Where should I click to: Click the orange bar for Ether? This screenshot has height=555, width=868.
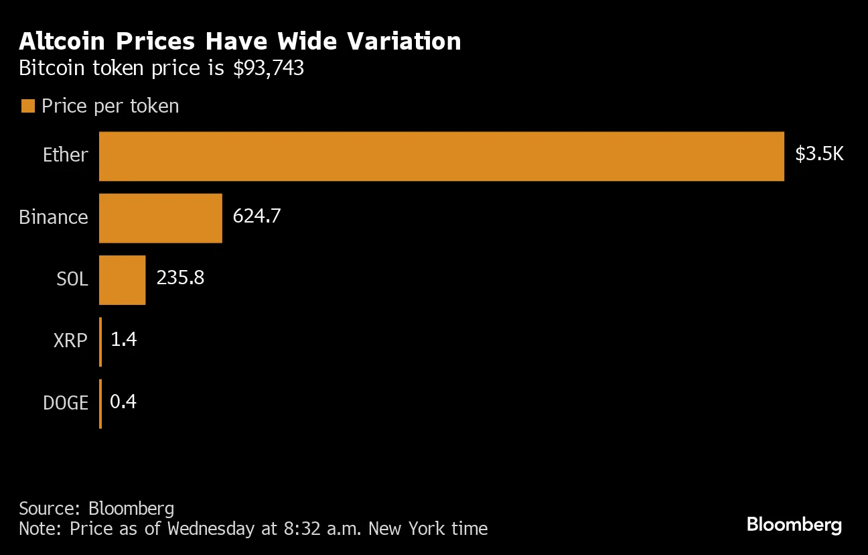tap(441, 156)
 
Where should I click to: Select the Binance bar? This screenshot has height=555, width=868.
tap(161, 218)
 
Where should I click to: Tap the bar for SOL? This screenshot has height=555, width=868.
tap(123, 280)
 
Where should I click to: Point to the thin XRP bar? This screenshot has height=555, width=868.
tap(100, 341)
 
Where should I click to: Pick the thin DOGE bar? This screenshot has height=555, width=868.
tap(100, 404)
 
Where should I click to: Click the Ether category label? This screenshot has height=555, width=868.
tap(65, 156)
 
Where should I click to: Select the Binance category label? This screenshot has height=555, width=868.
tap(54, 217)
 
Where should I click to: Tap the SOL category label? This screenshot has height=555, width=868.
tap(72, 279)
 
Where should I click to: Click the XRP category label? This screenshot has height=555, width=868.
tap(70, 341)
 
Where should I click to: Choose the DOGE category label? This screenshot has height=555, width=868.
tap(66, 403)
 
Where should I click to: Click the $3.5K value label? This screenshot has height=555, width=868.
tap(819, 155)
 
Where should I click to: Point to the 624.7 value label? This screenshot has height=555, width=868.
tap(257, 217)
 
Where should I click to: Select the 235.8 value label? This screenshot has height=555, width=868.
tap(180, 278)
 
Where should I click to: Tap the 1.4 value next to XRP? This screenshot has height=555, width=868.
tap(123, 340)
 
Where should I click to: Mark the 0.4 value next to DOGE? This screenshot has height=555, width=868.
tap(123, 402)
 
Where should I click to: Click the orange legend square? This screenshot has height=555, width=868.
tap(27, 106)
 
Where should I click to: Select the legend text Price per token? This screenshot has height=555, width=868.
tap(111, 106)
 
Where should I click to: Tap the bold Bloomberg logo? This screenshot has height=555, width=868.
tap(794, 524)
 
